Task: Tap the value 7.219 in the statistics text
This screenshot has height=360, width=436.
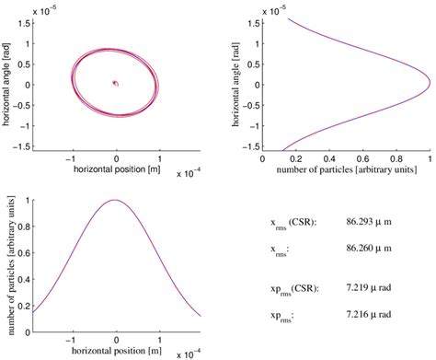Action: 361,289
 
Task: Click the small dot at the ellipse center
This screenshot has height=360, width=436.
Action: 115,83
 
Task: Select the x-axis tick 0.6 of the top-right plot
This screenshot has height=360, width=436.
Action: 362,157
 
